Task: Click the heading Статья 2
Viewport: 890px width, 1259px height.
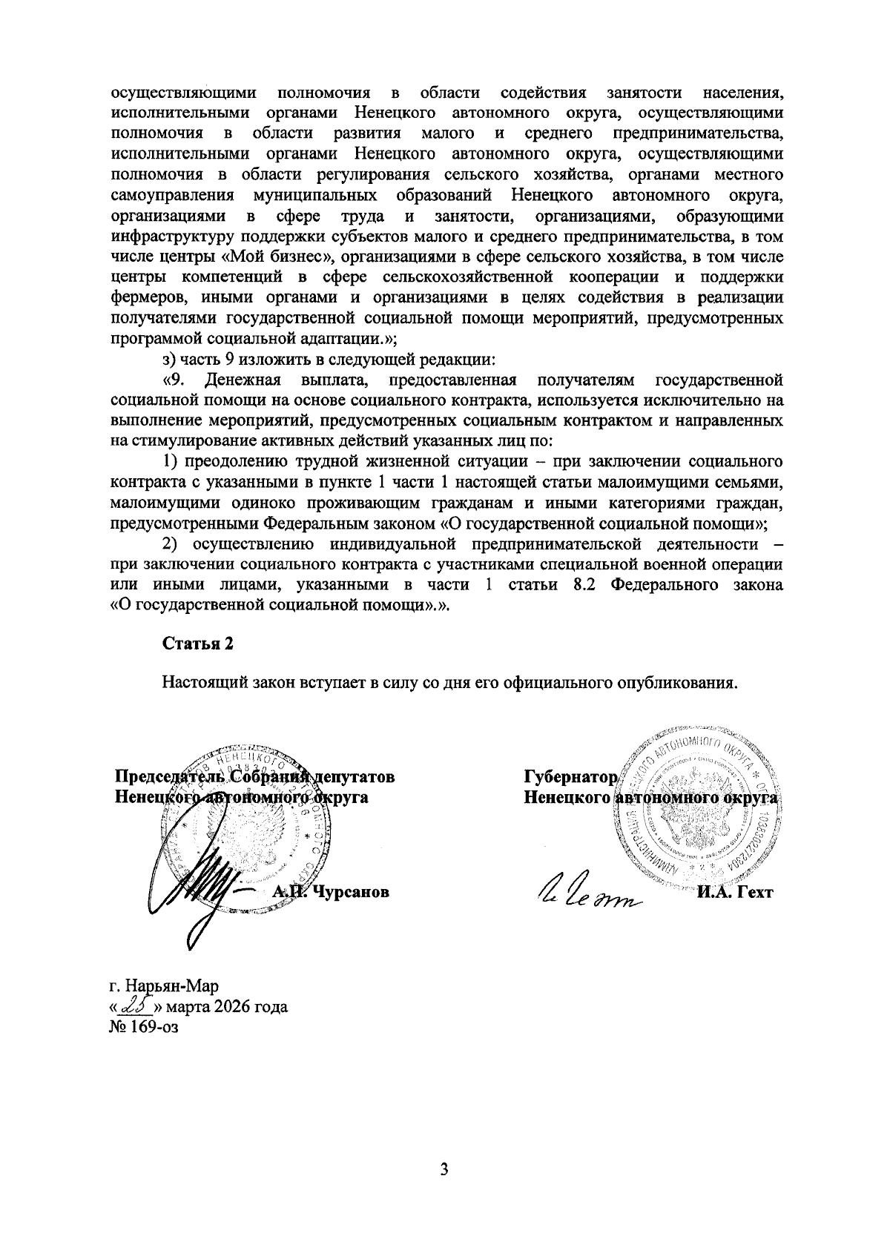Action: click(198, 644)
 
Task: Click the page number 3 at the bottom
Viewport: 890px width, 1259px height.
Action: click(444, 1170)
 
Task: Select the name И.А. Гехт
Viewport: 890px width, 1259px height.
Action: click(734, 893)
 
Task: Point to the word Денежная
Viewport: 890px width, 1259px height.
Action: click(243, 381)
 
